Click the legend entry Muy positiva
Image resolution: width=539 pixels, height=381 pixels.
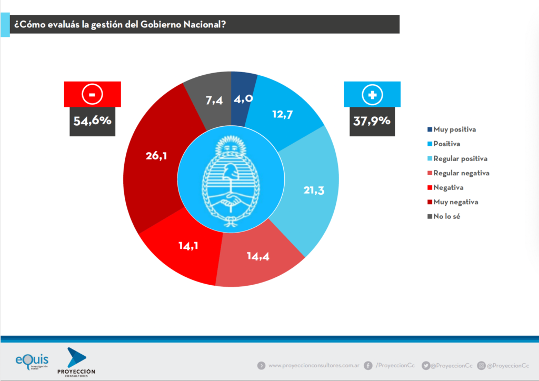click(453, 129)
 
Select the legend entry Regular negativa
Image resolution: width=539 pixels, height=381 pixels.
click(458, 173)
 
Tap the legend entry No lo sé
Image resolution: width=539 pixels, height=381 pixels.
click(447, 216)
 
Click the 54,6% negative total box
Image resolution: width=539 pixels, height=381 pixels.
click(93, 121)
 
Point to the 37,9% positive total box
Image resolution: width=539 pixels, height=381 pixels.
click(372, 121)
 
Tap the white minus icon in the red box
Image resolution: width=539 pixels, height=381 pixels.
click(93, 95)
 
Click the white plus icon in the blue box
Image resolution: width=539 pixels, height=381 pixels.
click(372, 95)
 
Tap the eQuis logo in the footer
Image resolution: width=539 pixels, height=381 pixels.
click(32, 362)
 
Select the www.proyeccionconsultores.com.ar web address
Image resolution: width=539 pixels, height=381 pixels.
click(314, 365)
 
